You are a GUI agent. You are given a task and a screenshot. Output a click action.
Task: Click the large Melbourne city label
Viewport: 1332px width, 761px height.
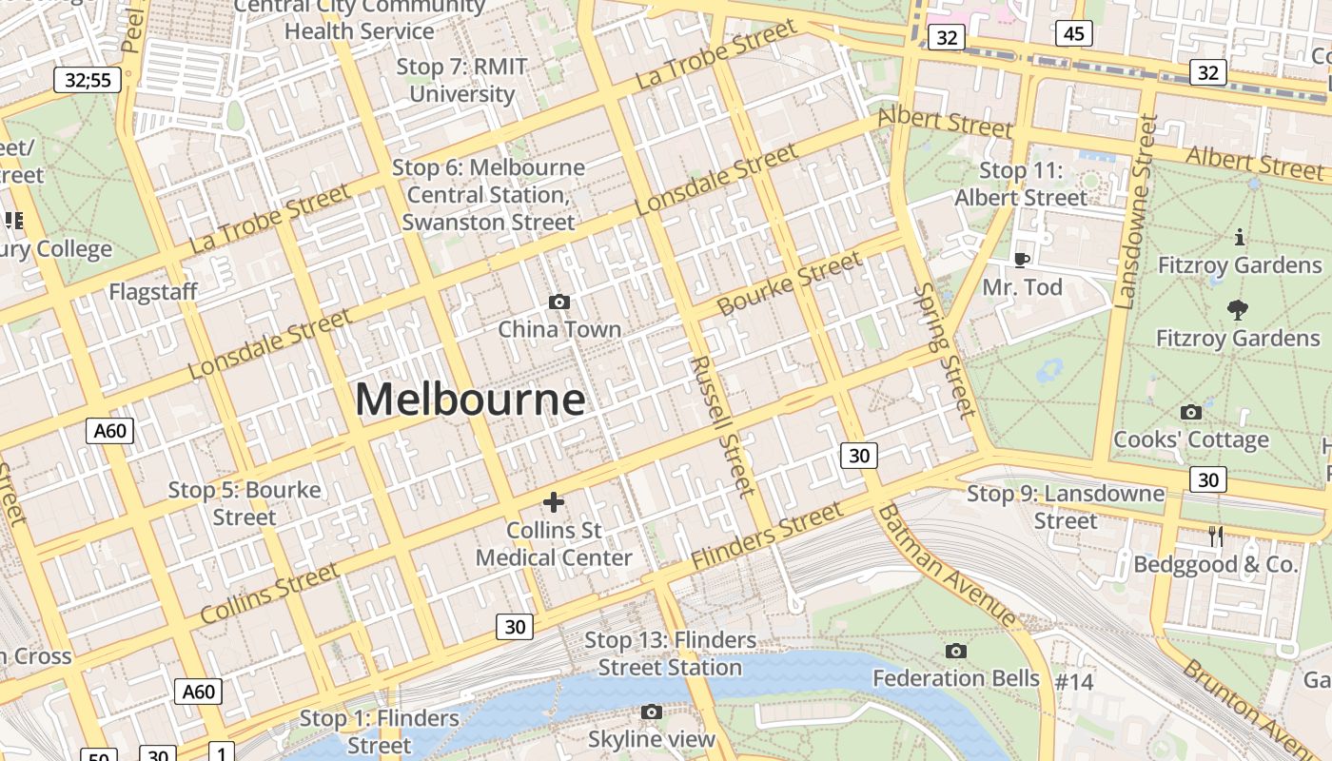(470, 400)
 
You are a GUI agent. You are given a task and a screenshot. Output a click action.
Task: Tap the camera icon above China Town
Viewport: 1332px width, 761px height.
(559, 302)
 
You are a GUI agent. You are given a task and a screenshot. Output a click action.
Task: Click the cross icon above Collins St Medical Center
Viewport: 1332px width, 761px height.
(553, 502)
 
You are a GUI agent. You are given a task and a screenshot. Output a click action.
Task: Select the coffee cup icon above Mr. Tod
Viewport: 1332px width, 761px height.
(1021, 259)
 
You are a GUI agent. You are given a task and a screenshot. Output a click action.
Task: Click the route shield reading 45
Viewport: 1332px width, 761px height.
(1073, 34)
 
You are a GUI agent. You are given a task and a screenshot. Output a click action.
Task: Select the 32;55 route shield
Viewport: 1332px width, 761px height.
(88, 80)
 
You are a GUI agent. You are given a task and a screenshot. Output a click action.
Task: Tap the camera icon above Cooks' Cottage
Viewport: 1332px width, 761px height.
(1190, 412)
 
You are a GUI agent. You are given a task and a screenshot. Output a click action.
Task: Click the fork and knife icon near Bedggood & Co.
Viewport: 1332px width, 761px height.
(1215, 537)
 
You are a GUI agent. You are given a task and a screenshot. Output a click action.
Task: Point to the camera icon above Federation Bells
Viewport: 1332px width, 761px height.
(956, 651)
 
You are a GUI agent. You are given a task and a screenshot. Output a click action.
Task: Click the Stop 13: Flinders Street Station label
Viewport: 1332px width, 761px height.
(670, 654)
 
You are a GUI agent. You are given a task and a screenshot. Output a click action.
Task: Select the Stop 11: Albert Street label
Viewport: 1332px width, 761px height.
(1021, 184)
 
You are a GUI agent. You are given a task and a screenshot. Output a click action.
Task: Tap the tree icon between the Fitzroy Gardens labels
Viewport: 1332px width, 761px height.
(1238, 308)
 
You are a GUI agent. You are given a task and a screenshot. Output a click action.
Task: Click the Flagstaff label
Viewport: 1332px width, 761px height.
(153, 291)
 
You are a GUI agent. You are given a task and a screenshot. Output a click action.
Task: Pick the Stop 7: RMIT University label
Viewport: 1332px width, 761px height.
(461, 80)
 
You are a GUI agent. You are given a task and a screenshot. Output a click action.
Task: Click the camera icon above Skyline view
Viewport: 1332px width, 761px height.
(651, 712)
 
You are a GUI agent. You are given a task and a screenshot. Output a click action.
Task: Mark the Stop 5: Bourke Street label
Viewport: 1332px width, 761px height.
(245, 503)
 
